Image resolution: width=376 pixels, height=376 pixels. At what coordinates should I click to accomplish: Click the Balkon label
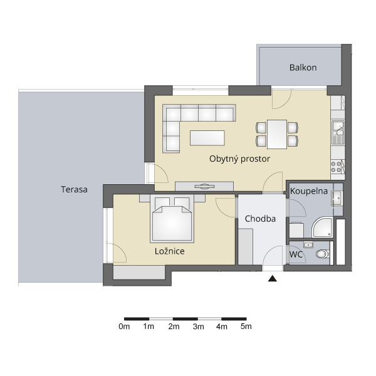[303, 68]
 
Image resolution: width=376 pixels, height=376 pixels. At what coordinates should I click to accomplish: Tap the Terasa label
[74, 189]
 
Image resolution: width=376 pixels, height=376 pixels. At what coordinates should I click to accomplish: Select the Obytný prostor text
[239, 159]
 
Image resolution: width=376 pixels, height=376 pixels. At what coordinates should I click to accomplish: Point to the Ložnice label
[170, 251]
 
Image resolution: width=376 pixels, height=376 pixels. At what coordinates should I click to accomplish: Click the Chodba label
[260, 219]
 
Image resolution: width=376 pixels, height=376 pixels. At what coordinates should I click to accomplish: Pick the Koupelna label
[309, 191]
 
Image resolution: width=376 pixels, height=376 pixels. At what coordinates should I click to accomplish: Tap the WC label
[296, 254]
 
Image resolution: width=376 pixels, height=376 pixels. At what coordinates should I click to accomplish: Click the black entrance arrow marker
[273, 278]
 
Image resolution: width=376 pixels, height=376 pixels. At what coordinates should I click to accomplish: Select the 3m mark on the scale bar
[198, 326]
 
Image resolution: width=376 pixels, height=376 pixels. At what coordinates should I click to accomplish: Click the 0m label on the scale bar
[124, 326]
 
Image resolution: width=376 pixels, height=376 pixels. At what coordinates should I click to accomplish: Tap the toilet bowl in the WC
[323, 254]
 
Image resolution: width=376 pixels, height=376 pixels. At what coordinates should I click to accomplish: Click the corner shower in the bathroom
[322, 227]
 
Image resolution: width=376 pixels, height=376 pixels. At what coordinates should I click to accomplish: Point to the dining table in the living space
[277, 134]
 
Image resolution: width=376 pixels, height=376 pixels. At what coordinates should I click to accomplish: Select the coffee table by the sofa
[207, 138]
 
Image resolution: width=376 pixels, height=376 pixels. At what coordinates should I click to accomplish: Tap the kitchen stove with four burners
[336, 167]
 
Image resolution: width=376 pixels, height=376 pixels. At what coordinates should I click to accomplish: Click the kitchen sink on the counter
[338, 132]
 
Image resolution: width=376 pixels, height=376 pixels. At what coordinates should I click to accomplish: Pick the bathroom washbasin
[337, 198]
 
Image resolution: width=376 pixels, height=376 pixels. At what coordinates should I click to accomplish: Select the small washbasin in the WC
[308, 245]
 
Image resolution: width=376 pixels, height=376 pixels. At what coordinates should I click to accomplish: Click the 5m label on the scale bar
[246, 326]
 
